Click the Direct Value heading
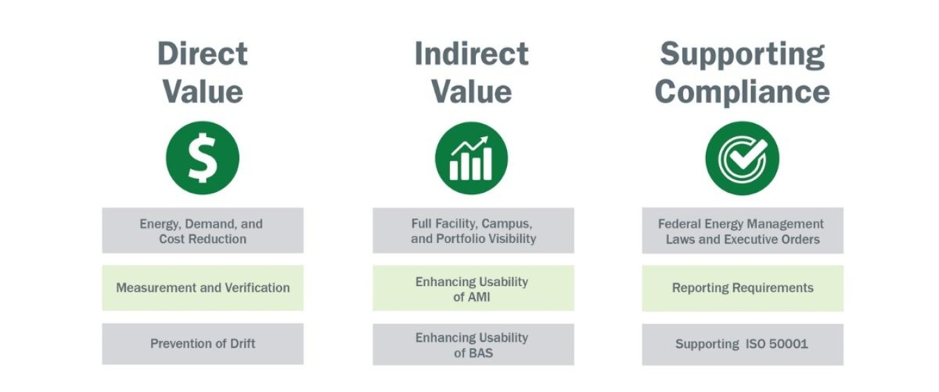[x=202, y=72]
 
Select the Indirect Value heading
[x=472, y=72]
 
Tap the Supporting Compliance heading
[x=742, y=72]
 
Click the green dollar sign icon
[x=202, y=157]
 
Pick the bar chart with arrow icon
[x=472, y=158]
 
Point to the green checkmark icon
[x=742, y=158]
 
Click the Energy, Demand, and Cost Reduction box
[x=202, y=230]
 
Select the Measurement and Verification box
[x=202, y=288]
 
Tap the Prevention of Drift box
[x=202, y=343]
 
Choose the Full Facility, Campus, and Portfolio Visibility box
[x=473, y=230]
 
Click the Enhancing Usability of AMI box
[x=473, y=288]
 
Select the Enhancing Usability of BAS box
[x=473, y=345]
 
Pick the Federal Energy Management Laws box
[x=742, y=230]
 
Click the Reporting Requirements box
[x=742, y=288]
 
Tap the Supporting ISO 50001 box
[x=742, y=344]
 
